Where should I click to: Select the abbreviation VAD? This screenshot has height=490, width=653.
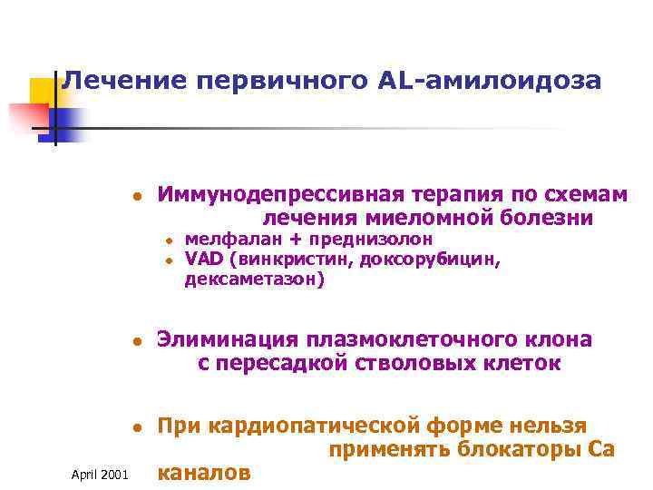[x=205, y=260]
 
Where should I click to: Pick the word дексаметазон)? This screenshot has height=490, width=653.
[x=254, y=279]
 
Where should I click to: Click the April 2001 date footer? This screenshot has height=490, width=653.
[x=100, y=475]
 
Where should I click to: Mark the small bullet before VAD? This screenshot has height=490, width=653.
[x=170, y=260]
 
